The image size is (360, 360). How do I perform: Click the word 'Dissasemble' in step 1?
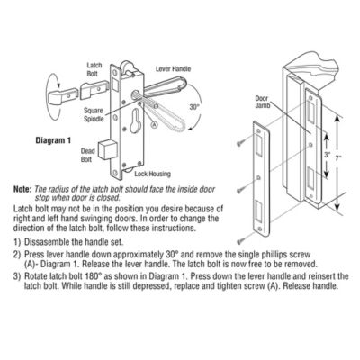tap(50, 244)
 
